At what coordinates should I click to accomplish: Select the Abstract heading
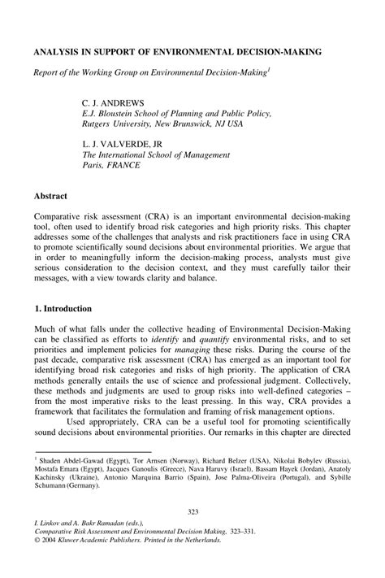50,197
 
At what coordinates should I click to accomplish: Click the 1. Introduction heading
63,309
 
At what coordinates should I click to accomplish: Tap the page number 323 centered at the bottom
192,511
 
